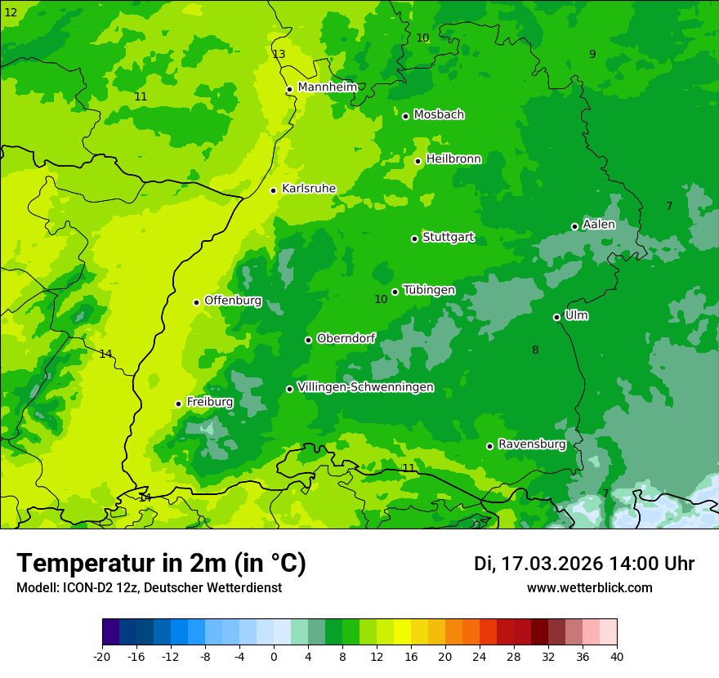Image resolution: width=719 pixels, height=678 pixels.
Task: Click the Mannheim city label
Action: pos(328,87)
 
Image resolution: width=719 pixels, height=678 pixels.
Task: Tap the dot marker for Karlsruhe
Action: pos(273,190)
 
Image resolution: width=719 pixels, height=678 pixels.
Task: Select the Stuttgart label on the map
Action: pos(448,238)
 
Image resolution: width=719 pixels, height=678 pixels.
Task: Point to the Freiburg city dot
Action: pos(178,404)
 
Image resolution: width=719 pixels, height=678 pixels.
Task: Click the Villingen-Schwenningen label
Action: pos(365,387)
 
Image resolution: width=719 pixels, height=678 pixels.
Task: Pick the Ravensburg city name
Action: pos(532,444)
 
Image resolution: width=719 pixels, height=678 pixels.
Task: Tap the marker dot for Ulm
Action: pos(556,317)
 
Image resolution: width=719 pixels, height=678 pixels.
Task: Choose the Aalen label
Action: pos(599,225)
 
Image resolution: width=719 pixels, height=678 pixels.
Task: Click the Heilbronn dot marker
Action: pos(418,161)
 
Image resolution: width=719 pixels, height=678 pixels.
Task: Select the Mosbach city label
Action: pos(439,114)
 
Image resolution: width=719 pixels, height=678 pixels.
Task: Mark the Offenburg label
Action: pos(233,301)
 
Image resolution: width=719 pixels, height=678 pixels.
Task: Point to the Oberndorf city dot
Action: pos(308,340)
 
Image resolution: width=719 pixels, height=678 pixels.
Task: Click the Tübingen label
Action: pos(429,290)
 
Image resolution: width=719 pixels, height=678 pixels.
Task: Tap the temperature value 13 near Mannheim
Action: pos(279,54)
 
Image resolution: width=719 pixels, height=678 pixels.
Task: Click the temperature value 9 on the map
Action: pos(592,54)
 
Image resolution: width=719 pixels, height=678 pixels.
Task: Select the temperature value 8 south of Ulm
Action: pos(535,350)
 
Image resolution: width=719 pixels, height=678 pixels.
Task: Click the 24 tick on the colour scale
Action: pos(480,656)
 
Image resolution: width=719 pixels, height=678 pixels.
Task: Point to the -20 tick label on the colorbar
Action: pos(102,656)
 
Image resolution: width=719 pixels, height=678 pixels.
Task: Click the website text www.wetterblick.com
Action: pos(589,587)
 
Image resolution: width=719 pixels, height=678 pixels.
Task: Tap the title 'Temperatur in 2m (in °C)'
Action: pos(161,563)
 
